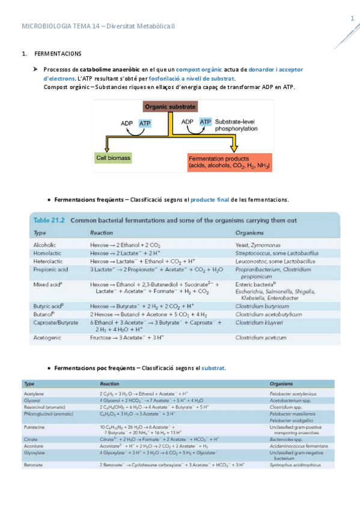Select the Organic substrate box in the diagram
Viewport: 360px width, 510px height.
(x=170, y=106)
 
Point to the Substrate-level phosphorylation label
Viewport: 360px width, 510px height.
(x=236, y=124)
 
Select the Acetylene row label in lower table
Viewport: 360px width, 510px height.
(x=34, y=393)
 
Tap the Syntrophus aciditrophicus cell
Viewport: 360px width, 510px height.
(x=293, y=465)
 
